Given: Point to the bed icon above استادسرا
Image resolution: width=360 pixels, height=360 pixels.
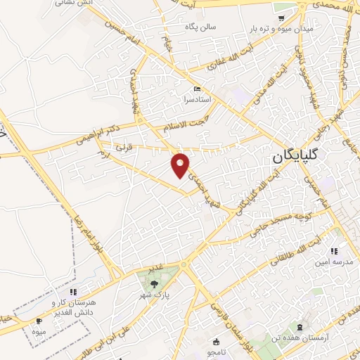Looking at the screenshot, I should pos(197,89).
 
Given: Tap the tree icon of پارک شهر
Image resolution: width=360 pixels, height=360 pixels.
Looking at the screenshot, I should pos(154,284).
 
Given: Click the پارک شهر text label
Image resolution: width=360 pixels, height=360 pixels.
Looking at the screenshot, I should pos(154,297).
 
